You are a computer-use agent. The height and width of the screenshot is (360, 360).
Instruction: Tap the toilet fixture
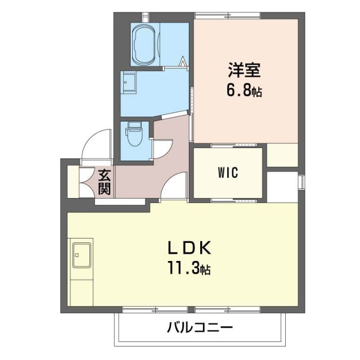134,134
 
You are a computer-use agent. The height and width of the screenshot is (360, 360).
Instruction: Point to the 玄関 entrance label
105,182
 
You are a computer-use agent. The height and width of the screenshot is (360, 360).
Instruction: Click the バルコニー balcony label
200,327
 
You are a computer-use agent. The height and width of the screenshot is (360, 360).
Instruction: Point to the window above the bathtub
145,14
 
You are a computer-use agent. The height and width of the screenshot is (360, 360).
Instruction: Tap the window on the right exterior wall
301,182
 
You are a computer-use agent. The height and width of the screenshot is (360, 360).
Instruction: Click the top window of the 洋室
228,14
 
